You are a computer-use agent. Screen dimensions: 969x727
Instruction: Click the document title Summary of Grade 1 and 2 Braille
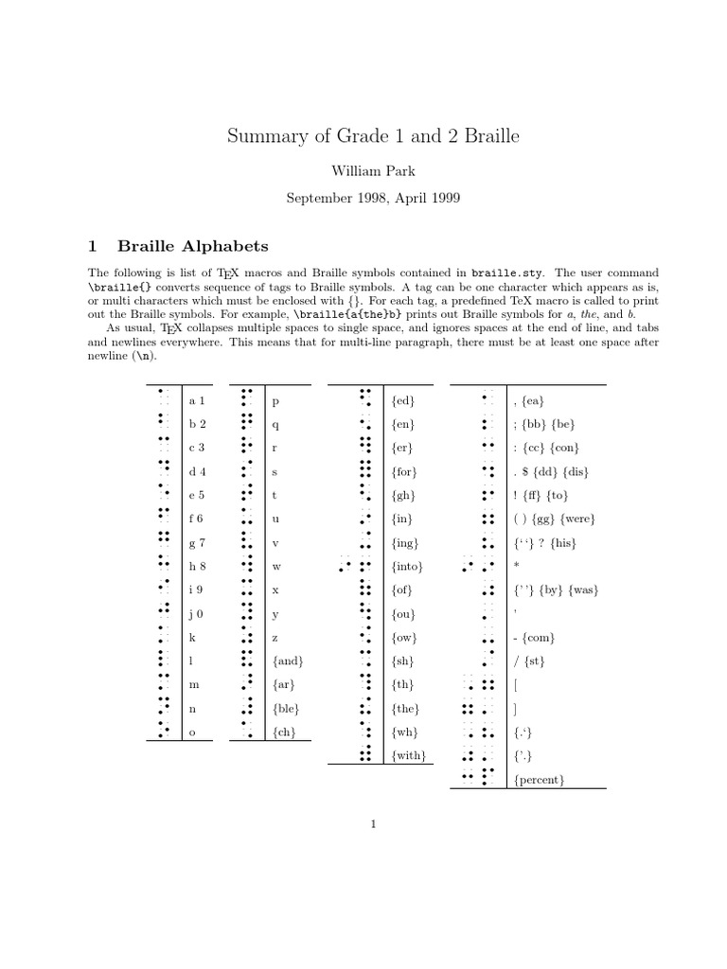pos(373,136)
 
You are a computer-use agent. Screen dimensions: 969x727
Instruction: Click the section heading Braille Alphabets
pos(193,246)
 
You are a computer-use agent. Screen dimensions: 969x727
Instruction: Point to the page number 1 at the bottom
pos(374,824)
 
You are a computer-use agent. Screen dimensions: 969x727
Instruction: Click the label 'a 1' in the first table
pos(197,401)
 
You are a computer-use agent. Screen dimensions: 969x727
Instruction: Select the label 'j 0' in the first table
pos(197,614)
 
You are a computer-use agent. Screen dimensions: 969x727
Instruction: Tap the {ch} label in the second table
pos(283,732)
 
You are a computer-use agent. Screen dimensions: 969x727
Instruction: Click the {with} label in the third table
pos(409,756)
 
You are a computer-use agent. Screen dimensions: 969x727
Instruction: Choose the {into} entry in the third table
pos(407,567)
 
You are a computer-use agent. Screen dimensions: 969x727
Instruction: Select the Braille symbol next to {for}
pos(364,471)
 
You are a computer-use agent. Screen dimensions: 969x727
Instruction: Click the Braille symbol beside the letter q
pos(246,424)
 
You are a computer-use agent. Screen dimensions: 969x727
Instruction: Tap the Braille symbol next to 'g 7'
pos(163,542)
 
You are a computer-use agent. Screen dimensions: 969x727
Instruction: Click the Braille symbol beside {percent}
pos(479,778)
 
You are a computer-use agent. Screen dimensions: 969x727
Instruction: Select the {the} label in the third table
pos(405,709)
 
